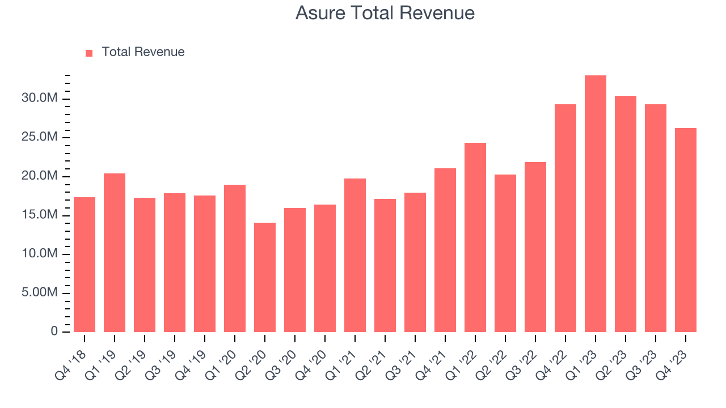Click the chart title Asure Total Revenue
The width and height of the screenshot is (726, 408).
pyautogui.click(x=385, y=12)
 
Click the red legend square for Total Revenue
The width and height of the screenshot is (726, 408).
pyautogui.click(x=89, y=53)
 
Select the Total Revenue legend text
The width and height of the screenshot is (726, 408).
pyautogui.click(x=143, y=52)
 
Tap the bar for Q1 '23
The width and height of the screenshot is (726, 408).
pyautogui.click(x=595, y=204)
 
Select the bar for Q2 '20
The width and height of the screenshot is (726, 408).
pyautogui.click(x=264, y=278)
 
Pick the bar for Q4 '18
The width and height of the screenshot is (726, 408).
pyautogui.click(x=85, y=265)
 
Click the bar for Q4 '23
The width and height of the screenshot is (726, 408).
pyautogui.click(x=685, y=230)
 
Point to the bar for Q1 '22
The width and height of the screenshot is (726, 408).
pyautogui.click(x=475, y=237)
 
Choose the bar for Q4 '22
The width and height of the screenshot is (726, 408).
pyautogui.click(x=565, y=218)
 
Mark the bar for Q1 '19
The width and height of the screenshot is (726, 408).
pyautogui.click(x=115, y=253)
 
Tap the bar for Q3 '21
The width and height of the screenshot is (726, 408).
pyautogui.click(x=415, y=262)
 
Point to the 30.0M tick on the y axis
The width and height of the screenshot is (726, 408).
pyautogui.click(x=40, y=99)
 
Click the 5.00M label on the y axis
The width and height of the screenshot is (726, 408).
pyautogui.click(x=40, y=293)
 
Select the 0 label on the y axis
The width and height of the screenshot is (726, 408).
pyautogui.click(x=54, y=331)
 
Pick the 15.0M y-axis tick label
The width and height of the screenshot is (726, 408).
pyautogui.click(x=40, y=215)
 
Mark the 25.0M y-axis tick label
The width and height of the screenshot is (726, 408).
pyautogui.click(x=40, y=138)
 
